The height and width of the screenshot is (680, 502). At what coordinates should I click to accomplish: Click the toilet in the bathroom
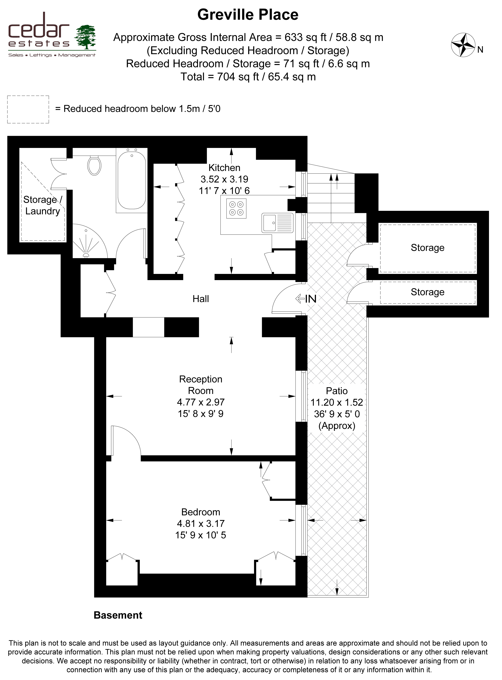[94, 165]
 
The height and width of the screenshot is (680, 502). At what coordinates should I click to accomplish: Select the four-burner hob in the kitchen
[236, 208]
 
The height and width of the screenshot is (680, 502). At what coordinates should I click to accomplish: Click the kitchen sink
[277, 223]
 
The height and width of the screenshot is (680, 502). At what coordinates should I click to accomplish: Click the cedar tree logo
[85, 37]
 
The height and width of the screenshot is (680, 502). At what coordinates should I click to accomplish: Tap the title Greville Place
[248, 14]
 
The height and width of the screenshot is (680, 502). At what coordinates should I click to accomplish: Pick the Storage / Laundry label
[42, 205]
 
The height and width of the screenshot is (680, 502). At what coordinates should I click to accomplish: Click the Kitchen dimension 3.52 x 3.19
[224, 179]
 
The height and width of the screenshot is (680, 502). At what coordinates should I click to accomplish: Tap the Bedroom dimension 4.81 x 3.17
[201, 523]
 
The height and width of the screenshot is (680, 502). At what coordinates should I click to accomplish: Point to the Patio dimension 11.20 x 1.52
[337, 402]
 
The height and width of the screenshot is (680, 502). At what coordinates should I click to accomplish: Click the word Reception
[201, 379]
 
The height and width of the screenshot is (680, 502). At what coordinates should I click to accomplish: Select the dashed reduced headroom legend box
[28, 109]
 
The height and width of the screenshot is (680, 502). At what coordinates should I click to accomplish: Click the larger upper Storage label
[428, 248]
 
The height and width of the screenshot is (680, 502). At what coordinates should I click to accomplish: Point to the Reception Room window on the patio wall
[301, 396]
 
